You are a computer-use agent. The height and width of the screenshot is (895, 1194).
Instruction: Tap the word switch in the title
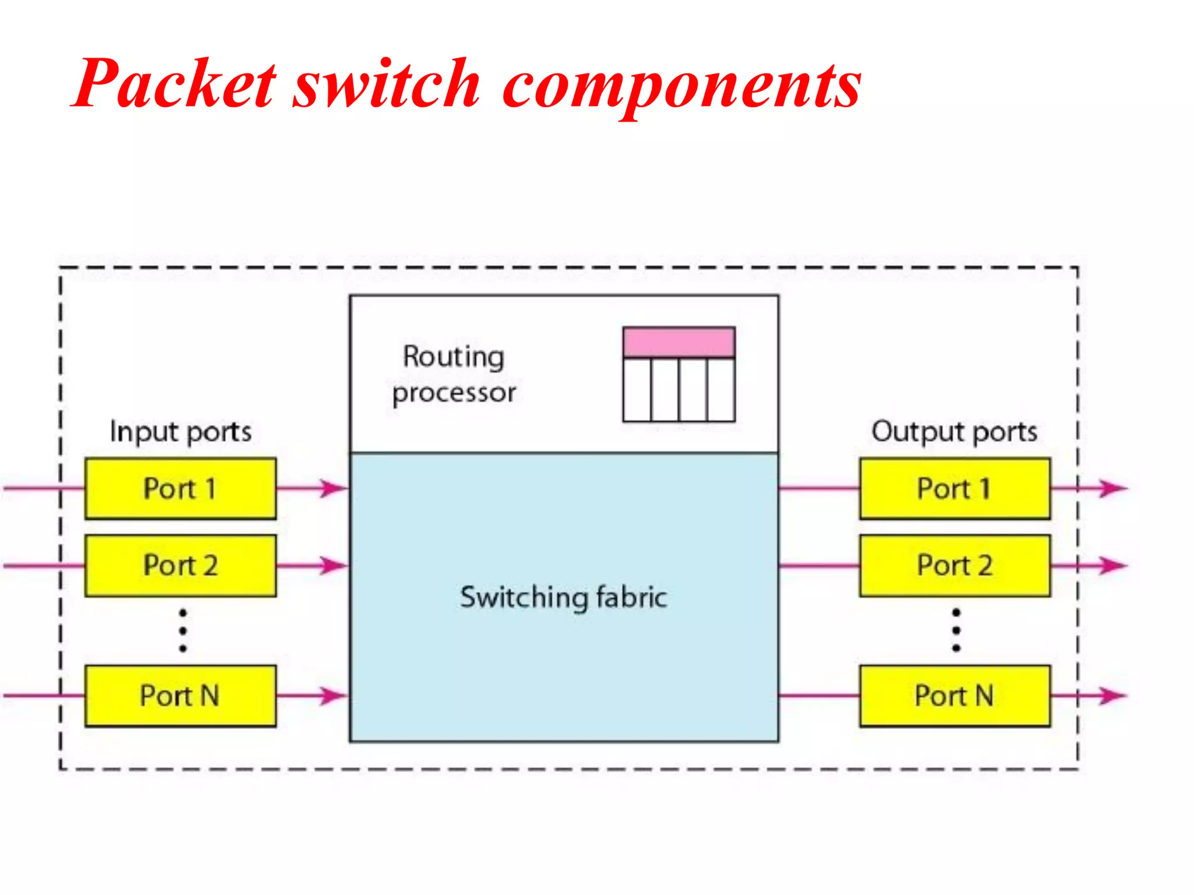click(386, 84)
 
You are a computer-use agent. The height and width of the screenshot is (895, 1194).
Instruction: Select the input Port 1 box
click(180, 488)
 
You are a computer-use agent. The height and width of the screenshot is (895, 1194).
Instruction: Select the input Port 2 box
click(180, 565)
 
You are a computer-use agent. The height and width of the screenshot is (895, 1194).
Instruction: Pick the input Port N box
click(180, 696)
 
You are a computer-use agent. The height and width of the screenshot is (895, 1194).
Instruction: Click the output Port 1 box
click(954, 488)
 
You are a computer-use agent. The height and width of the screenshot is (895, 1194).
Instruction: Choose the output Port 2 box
click(954, 565)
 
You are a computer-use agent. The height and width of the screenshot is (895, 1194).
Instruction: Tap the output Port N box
click(954, 696)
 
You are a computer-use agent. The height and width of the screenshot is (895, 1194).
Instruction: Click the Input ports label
click(181, 432)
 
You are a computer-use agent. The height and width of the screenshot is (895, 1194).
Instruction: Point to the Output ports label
click(954, 432)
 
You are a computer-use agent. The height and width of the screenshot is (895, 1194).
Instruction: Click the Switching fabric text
click(563, 597)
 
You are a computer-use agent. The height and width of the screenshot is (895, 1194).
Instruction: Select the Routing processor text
click(454, 374)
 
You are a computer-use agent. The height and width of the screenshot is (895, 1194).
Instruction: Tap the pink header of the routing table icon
click(679, 342)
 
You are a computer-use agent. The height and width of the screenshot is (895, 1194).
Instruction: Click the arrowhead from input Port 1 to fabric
click(333, 488)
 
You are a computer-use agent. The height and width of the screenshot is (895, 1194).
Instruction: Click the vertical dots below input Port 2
click(182, 630)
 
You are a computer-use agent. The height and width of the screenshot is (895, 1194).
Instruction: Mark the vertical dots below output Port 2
click(956, 630)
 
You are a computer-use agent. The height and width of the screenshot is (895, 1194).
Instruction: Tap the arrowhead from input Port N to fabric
click(333, 695)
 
